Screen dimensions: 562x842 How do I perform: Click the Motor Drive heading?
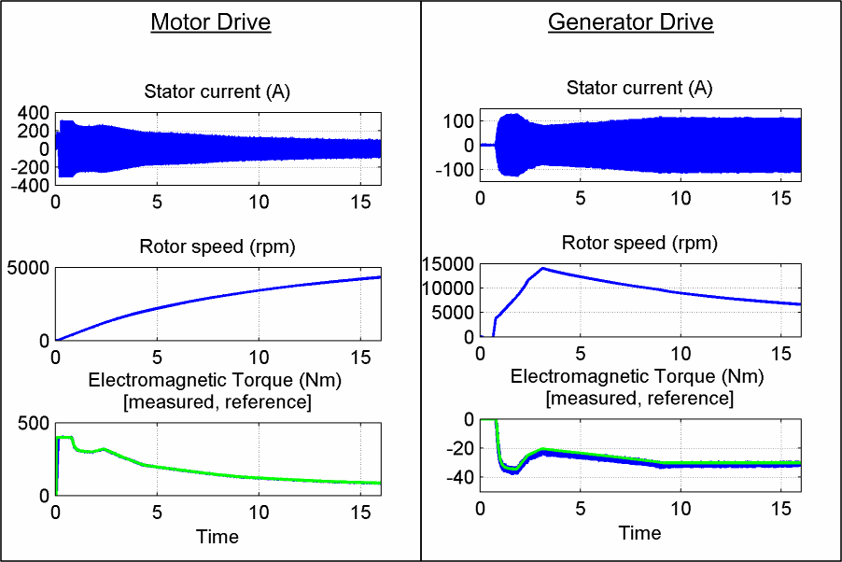(x=210, y=22)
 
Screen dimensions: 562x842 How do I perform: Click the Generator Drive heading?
(x=630, y=22)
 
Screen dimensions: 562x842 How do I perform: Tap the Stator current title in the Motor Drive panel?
(x=217, y=91)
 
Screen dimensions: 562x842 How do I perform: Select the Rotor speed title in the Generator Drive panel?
(x=639, y=244)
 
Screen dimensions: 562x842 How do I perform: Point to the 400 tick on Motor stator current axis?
(x=34, y=113)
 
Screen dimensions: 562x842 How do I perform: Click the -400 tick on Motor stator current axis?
(x=31, y=185)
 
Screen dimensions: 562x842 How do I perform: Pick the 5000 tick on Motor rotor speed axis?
(x=30, y=269)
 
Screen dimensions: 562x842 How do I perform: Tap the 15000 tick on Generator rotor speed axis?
(x=448, y=265)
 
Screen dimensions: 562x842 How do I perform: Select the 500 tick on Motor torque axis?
(x=34, y=423)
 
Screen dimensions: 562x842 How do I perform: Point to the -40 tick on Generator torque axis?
(x=458, y=478)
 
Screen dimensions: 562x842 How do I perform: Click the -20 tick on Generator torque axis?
(x=458, y=449)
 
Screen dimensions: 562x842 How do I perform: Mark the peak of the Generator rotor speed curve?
(x=542, y=268)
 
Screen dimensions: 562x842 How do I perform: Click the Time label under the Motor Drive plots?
(x=217, y=536)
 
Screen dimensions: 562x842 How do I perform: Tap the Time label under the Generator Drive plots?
(x=639, y=533)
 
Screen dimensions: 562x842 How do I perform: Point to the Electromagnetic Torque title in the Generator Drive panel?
(x=639, y=378)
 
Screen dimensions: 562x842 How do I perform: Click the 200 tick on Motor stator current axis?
(x=34, y=131)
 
